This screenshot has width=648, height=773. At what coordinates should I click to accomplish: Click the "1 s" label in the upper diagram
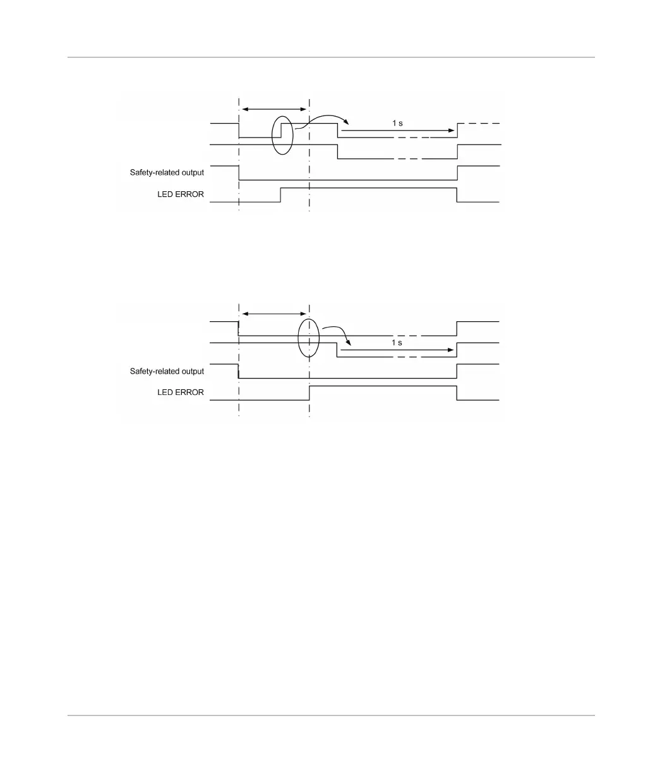(397, 123)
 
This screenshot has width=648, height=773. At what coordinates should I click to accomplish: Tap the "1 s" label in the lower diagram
(397, 343)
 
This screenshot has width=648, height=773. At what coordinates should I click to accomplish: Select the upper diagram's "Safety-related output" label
(167, 172)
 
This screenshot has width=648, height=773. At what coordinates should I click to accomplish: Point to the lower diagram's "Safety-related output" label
(167, 372)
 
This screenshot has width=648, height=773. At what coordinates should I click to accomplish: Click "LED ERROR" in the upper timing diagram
(181, 194)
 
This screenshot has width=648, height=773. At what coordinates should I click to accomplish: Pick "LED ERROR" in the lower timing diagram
(181, 392)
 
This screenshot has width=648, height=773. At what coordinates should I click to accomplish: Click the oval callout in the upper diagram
(282, 134)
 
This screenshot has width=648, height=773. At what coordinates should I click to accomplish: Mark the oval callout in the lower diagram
(309, 338)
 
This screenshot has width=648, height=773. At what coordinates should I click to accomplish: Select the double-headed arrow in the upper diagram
(274, 110)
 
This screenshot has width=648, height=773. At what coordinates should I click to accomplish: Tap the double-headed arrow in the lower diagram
(274, 314)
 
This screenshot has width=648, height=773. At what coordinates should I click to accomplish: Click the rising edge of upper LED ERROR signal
(280, 195)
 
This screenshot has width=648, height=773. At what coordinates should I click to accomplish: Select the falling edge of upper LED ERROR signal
(457, 195)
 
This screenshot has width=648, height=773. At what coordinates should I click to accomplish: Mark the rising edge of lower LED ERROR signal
(309, 392)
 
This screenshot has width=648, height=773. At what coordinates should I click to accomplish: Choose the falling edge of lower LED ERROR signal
(457, 392)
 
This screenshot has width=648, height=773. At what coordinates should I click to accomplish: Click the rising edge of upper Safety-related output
(457, 173)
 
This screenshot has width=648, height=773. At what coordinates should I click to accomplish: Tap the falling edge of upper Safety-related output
(239, 173)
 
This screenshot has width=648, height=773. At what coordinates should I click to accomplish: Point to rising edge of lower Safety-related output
(457, 371)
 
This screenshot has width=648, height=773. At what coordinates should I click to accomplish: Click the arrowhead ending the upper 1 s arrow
(452, 131)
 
